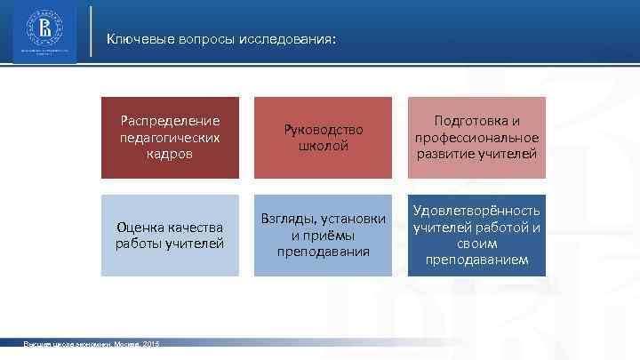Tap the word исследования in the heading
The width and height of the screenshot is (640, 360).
coord(288,39)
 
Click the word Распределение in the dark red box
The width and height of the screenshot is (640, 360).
coord(170,121)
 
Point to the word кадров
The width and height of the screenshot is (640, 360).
coord(170,153)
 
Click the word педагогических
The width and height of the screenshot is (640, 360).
coord(170,137)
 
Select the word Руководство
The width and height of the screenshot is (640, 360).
coord(324,130)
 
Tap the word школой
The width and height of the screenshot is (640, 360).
coord(324,146)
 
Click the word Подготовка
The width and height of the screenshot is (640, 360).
coord(476,121)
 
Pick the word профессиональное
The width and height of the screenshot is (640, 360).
coord(476,137)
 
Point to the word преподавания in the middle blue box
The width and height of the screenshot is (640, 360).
coord(324,252)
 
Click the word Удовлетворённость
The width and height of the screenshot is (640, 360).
coord(476,211)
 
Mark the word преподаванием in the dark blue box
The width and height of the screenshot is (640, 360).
coord(476,260)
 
